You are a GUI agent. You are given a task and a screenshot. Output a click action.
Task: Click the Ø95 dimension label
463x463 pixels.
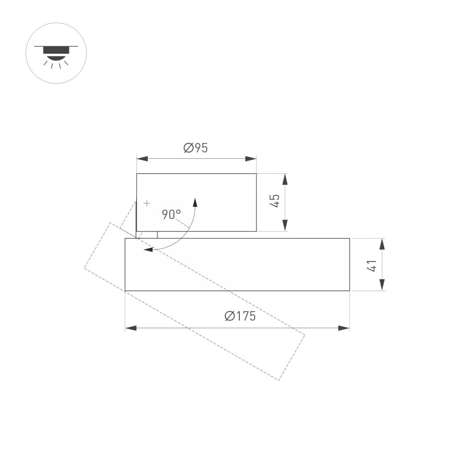195,148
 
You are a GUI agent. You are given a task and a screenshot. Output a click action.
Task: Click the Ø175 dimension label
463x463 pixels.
240,317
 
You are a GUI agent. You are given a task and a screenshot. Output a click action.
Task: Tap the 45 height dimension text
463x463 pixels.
275,201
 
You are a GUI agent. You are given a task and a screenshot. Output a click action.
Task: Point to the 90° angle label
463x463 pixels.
171,214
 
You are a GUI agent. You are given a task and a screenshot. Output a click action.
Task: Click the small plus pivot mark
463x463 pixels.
147,203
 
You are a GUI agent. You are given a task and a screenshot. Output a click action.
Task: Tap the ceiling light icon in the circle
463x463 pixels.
56,53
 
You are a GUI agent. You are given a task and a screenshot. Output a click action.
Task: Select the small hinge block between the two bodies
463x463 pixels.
147,235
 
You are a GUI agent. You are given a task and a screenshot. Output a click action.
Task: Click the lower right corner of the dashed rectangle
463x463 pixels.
279,380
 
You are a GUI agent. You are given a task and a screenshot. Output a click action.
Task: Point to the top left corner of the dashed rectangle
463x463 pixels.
110,223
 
